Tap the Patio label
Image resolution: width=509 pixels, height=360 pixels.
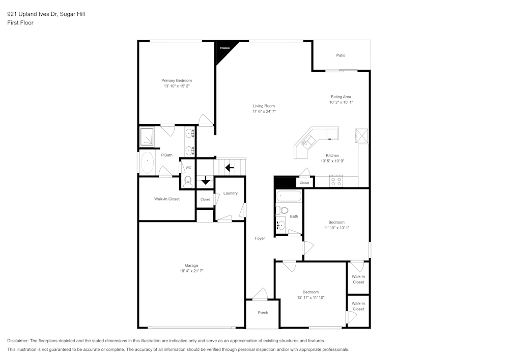341,55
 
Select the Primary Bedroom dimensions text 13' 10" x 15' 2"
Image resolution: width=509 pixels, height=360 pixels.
177,87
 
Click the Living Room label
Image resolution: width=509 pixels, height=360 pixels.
264,106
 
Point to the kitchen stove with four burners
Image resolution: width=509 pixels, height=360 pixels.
336,180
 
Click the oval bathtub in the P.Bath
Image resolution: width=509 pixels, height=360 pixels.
147,162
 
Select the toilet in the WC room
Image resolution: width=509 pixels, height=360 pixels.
188,180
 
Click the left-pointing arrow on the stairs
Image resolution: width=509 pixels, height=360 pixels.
229,167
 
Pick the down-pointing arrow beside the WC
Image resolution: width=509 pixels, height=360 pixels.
205,181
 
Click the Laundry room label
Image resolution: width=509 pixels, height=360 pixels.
230,193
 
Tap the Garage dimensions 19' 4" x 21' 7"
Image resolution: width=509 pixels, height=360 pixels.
191,271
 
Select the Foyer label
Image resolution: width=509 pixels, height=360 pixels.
260,238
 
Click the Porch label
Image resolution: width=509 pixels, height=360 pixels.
263,313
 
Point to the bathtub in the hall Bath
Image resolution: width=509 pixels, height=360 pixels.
289,196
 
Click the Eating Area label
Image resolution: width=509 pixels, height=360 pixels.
341,97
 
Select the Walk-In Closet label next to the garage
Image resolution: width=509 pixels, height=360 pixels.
167,199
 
